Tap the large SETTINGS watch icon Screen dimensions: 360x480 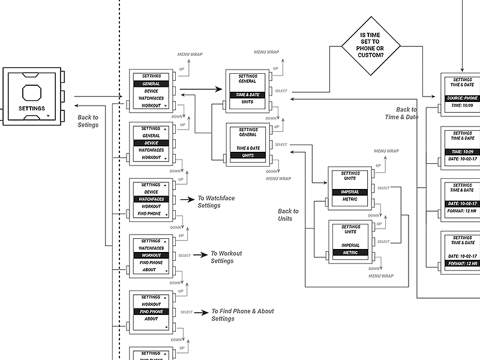(32, 95)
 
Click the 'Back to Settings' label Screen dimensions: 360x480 (88, 121)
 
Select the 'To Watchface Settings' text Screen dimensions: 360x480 (209, 202)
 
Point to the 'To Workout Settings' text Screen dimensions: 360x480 (226, 257)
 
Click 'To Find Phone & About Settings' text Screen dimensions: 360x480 (242, 315)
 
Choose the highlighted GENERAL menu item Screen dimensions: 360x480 (151, 84)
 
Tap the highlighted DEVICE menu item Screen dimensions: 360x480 (151, 143)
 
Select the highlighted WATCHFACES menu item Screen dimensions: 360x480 (151, 199)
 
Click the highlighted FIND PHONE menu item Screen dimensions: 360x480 (151, 311)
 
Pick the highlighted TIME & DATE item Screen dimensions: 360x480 (248, 95)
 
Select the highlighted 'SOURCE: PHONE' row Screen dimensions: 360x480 (463, 98)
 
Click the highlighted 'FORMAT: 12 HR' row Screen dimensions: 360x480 (463, 263)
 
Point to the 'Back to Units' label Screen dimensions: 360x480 (288, 215)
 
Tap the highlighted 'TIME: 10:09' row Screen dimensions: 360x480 (463, 152)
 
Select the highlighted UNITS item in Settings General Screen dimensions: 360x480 (248, 155)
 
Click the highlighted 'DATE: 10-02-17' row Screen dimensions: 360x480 (463, 204)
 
